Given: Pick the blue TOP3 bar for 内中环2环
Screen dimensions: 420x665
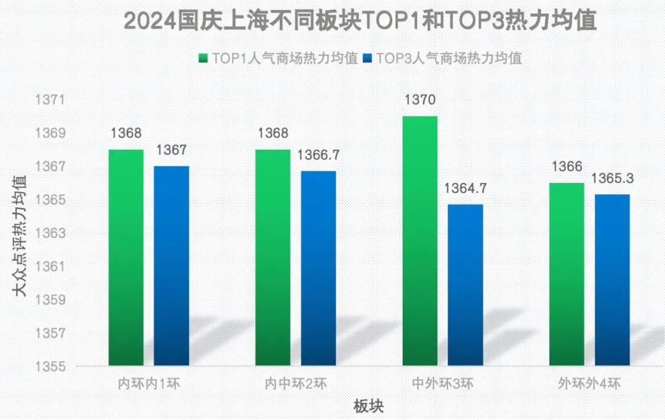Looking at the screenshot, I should coord(318,269).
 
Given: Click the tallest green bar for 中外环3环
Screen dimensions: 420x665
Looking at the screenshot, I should coord(420,241).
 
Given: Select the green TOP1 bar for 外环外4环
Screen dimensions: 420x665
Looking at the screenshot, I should coord(566,274).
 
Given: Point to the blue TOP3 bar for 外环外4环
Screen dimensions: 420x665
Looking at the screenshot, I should coord(612,280).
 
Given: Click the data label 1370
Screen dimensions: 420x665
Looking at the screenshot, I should coord(420,100).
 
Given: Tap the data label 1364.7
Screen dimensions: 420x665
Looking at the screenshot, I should coord(465,188).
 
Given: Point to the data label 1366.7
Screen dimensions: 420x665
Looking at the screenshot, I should coord(318,155).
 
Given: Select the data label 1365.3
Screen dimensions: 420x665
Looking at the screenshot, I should coord(612,179).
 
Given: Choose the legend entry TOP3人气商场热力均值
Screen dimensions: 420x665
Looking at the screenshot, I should coord(443,59).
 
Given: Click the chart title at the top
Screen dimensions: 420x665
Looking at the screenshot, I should coord(361,21).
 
